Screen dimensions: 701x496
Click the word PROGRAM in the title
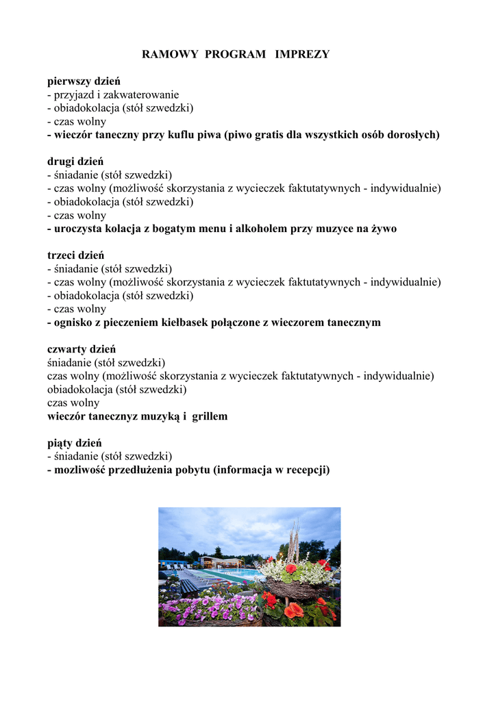tap(235, 54)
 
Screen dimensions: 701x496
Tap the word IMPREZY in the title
tap(302, 54)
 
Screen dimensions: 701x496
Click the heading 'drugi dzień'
tap(75, 162)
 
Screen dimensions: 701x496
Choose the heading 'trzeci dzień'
tap(75, 255)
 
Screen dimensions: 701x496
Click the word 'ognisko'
tap(73, 322)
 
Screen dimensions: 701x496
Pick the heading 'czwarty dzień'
tap(82, 349)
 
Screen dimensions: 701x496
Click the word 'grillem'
tap(209, 416)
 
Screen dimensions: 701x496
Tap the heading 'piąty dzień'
tap(74, 443)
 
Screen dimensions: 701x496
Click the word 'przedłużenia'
tap(143, 470)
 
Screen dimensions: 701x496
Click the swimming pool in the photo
tap(236, 574)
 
